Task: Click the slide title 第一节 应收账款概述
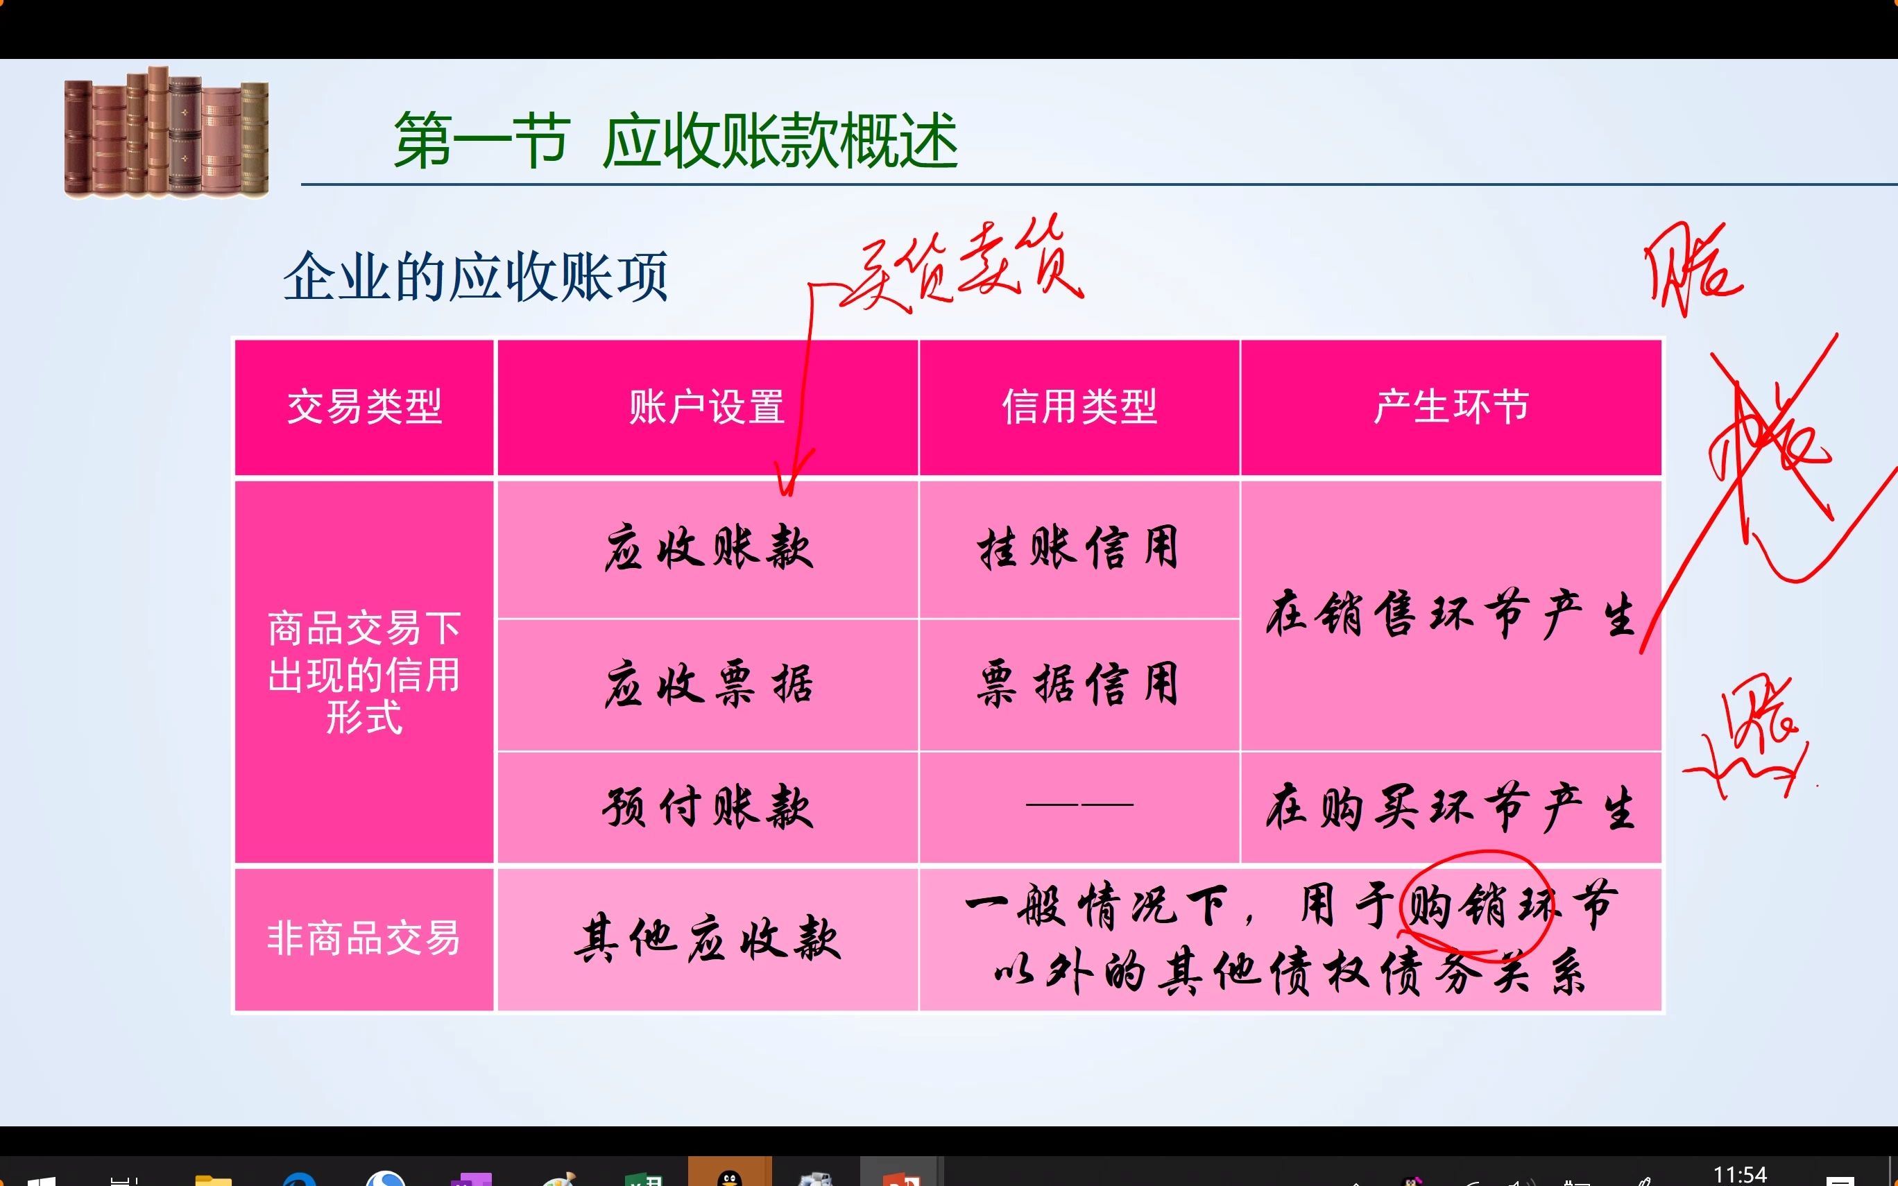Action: (675, 141)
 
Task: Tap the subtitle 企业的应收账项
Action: (475, 277)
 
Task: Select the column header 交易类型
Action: (365, 407)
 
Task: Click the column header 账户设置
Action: (707, 407)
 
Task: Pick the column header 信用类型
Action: (1079, 407)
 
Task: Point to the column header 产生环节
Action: (1451, 407)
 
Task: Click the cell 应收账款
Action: (708, 547)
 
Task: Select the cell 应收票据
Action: (708, 684)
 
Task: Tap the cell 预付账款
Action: (708, 807)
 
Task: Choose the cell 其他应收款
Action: (708, 938)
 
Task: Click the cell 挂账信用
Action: (1079, 547)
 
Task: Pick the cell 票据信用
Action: (1079, 684)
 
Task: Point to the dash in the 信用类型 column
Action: (1079, 805)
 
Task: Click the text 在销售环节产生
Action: (1451, 613)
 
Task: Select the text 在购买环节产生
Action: (1451, 807)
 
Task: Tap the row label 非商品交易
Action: (364, 938)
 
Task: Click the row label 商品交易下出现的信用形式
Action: (364, 673)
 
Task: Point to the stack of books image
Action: (166, 132)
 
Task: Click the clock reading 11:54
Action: (1740, 1174)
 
